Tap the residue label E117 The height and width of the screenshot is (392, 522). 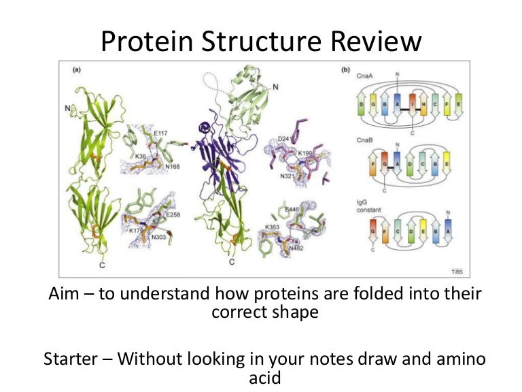click(x=161, y=133)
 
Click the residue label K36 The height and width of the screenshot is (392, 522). click(x=141, y=156)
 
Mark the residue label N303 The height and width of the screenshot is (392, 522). click(x=158, y=237)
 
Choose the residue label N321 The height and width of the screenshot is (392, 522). click(x=288, y=176)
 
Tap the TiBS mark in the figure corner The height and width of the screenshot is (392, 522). click(x=457, y=271)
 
